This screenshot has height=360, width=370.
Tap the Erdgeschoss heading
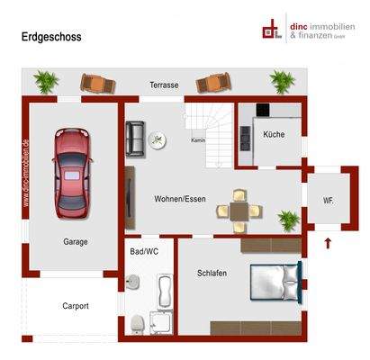(52, 37)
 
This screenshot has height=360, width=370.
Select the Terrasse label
(164, 85)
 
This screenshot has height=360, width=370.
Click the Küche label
(274, 134)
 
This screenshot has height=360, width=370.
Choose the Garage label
(76, 241)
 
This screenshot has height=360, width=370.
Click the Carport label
(76, 306)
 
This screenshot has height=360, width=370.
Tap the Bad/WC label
(145, 252)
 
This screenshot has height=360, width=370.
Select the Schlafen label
(212, 273)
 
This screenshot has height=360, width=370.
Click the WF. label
(328, 201)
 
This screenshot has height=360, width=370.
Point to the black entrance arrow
(328, 242)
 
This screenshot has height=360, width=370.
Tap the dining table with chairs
(239, 209)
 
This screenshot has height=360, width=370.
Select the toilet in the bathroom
(136, 322)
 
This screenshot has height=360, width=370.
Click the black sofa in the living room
(135, 137)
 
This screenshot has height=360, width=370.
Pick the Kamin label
(198, 140)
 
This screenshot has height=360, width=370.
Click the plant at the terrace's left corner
(47, 81)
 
